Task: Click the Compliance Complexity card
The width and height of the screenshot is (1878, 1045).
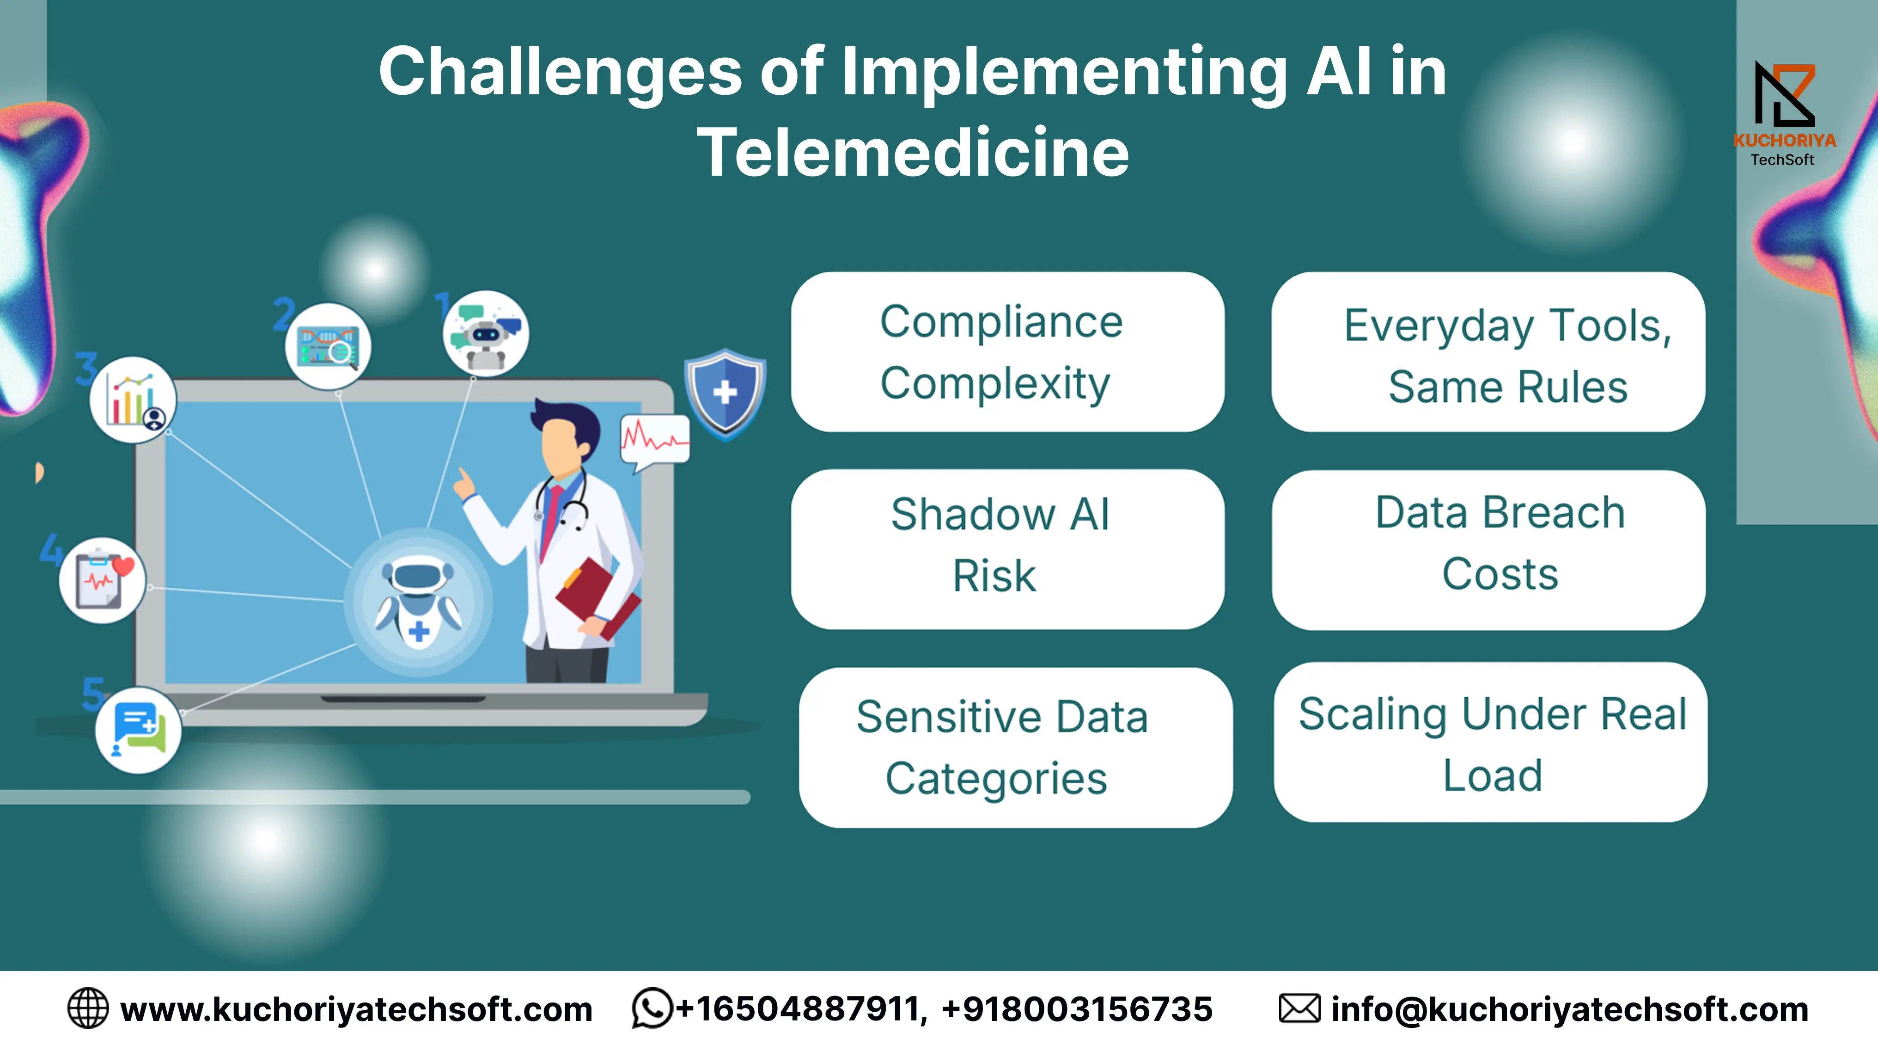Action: (x=1007, y=352)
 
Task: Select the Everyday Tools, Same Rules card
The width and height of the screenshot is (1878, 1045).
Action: (x=1488, y=352)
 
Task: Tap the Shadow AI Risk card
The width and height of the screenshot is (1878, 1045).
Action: (x=1007, y=549)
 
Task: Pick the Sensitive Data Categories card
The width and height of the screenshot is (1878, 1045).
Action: (x=1016, y=748)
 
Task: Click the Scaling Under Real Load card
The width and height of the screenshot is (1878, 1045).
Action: (x=1491, y=742)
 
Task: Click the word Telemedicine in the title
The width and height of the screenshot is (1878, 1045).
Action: (x=913, y=153)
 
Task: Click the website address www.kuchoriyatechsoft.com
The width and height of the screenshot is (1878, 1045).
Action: (x=356, y=1009)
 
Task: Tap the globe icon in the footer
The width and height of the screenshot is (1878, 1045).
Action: (x=87, y=1008)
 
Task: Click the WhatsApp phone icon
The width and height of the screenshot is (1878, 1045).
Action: (x=652, y=1008)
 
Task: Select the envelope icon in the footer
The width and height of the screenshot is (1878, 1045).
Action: (x=1299, y=1008)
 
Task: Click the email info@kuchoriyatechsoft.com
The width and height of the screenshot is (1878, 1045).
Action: (x=1570, y=1009)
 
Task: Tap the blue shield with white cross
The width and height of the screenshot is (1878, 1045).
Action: (x=726, y=394)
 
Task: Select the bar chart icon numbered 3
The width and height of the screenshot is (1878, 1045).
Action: (x=133, y=400)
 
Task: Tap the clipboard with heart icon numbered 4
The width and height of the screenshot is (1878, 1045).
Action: (x=103, y=580)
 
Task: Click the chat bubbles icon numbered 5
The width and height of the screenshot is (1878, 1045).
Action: (x=139, y=730)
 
